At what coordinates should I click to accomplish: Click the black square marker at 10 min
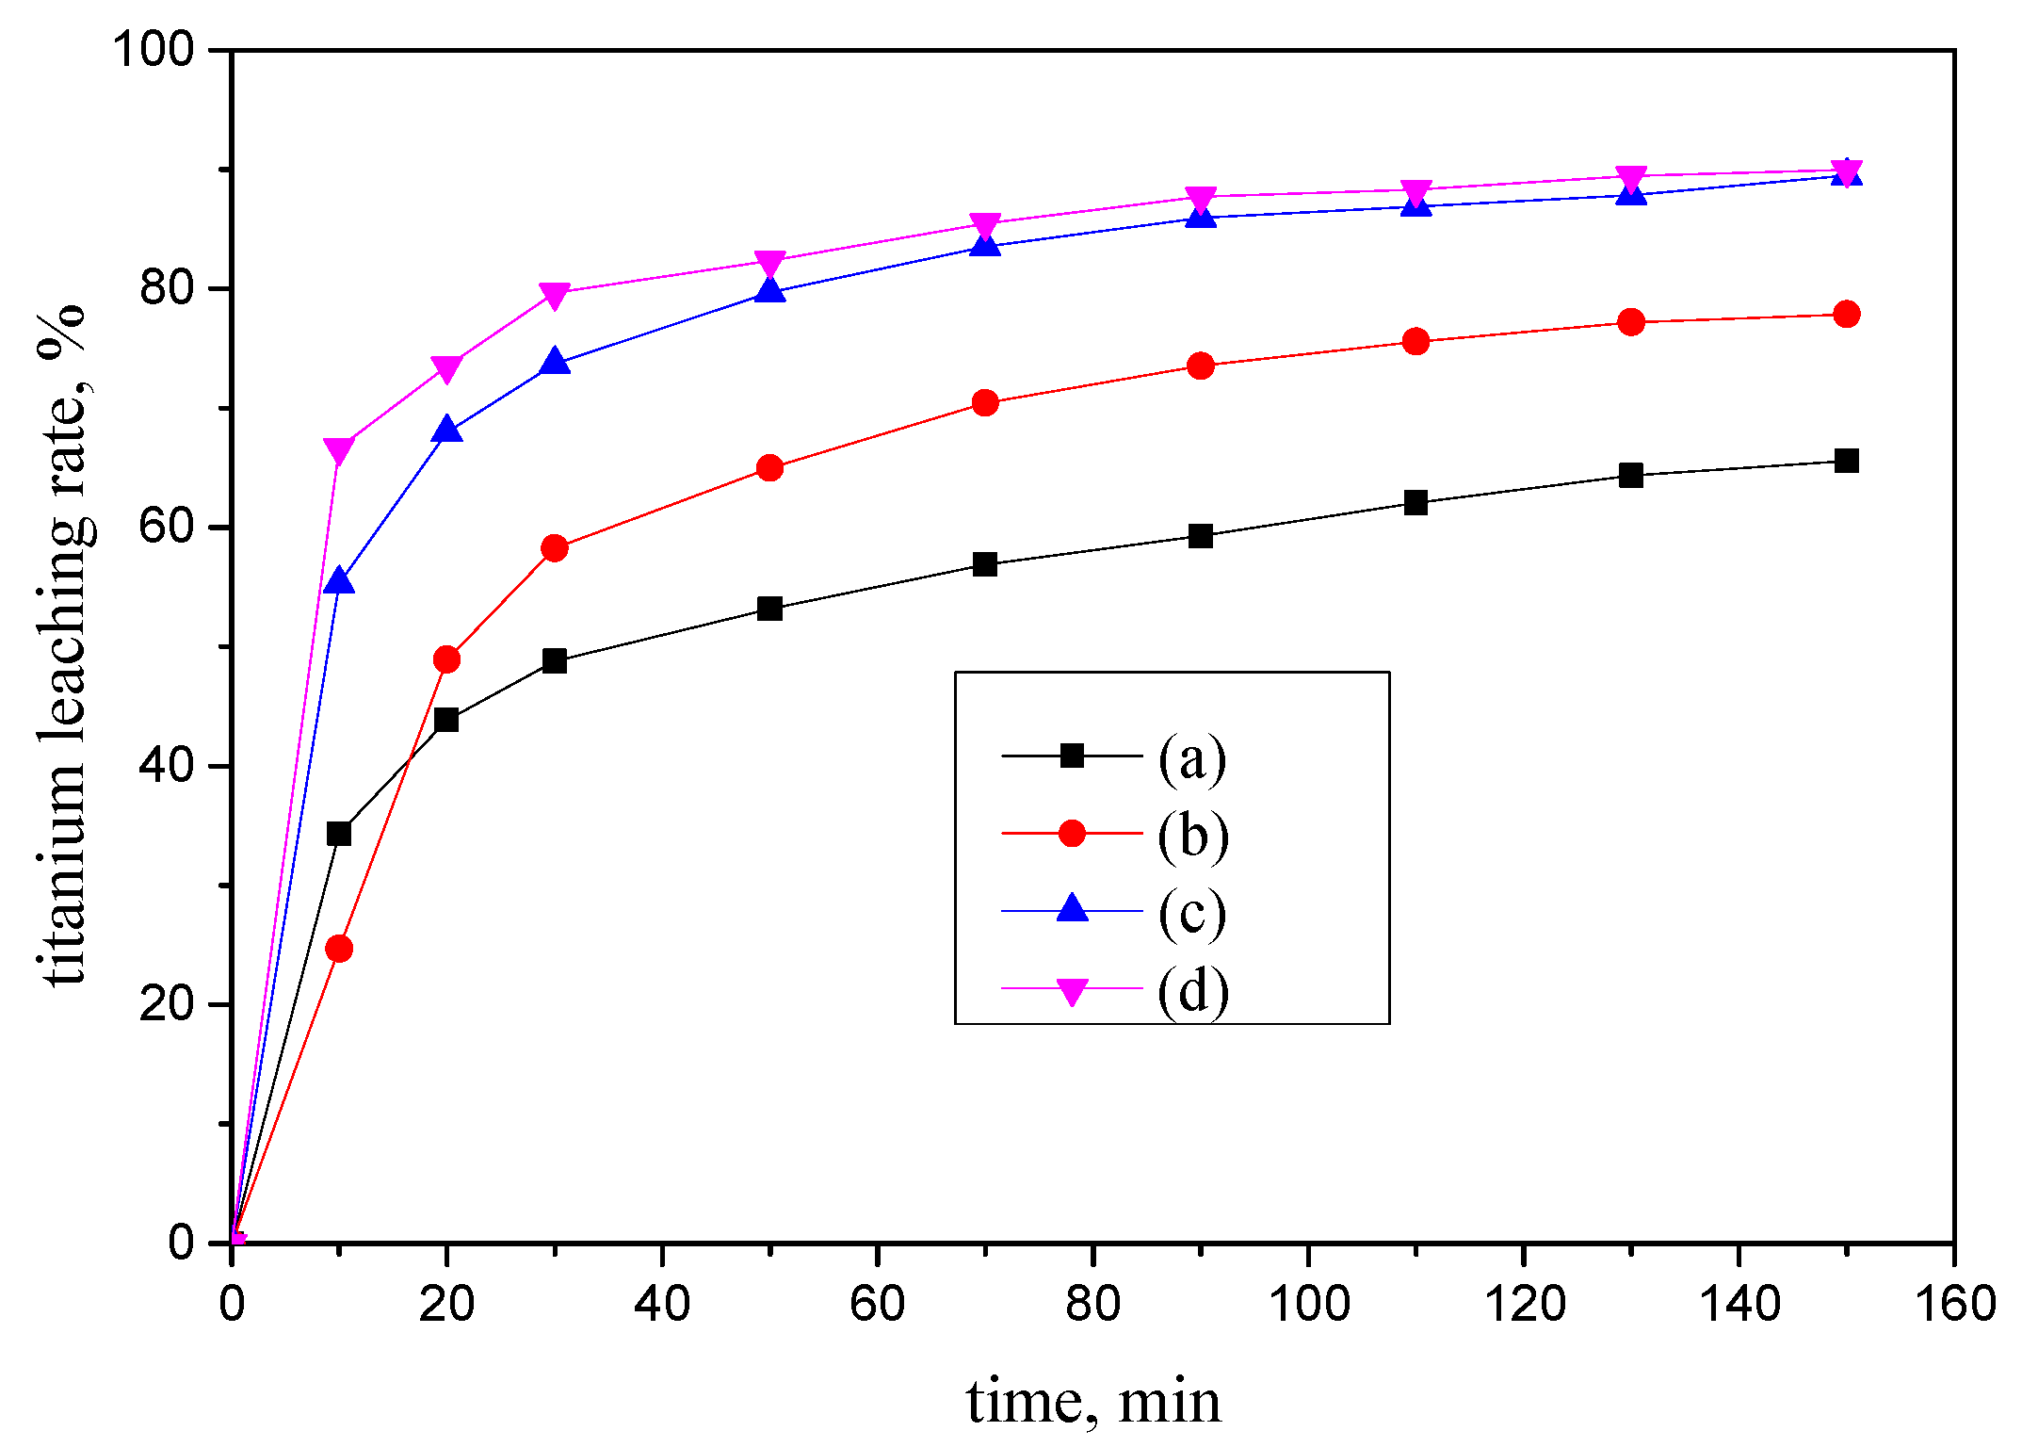click(x=339, y=834)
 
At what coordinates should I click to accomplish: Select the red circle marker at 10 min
click(x=339, y=949)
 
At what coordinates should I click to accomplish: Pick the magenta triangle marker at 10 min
click(x=339, y=450)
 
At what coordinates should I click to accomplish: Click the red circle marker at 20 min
click(x=446, y=659)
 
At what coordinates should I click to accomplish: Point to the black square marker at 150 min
click(x=1847, y=461)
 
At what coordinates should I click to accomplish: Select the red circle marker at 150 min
click(x=1847, y=314)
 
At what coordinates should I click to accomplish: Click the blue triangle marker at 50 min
click(x=769, y=291)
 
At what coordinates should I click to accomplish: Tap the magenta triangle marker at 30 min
click(x=555, y=295)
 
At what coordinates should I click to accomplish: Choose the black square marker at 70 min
click(x=985, y=564)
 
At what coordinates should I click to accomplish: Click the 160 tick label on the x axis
click(x=1955, y=1305)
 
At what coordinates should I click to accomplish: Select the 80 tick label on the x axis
click(x=1092, y=1305)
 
